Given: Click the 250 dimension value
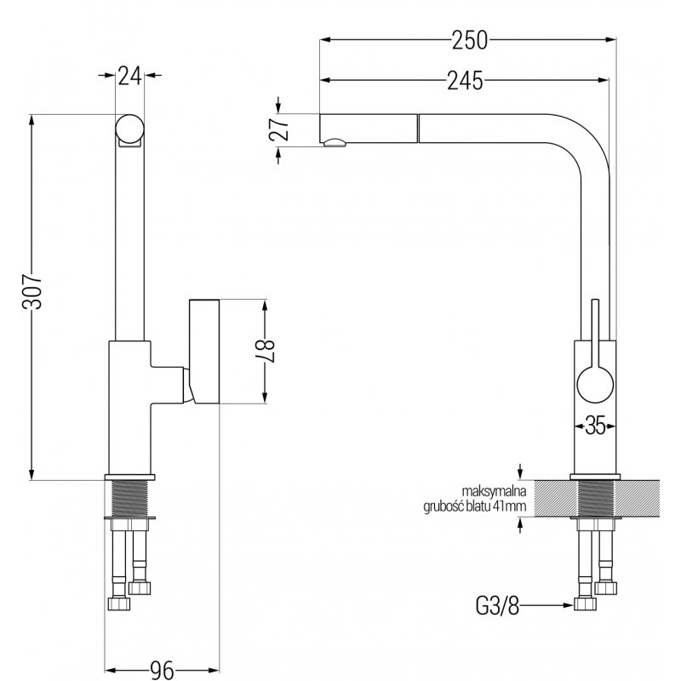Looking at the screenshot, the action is (470, 40).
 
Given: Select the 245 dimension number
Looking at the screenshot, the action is (465, 81).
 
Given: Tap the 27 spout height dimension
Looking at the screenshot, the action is (279, 129).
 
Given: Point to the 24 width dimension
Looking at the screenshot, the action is (130, 77).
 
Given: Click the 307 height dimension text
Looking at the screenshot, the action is (32, 291).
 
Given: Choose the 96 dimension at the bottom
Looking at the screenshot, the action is (162, 670).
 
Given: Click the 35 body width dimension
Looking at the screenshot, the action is (595, 425).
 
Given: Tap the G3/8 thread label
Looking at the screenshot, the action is (497, 605).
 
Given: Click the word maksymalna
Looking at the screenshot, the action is (494, 492).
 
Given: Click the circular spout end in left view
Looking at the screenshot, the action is (129, 129).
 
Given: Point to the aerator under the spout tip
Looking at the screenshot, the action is (334, 143).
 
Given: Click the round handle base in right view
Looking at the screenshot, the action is (595, 385).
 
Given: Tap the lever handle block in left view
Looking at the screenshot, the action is (204, 352).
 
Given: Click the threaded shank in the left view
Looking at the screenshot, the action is (130, 499).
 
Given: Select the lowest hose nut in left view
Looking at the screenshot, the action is (118, 604).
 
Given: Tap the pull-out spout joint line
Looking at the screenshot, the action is (418, 129).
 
